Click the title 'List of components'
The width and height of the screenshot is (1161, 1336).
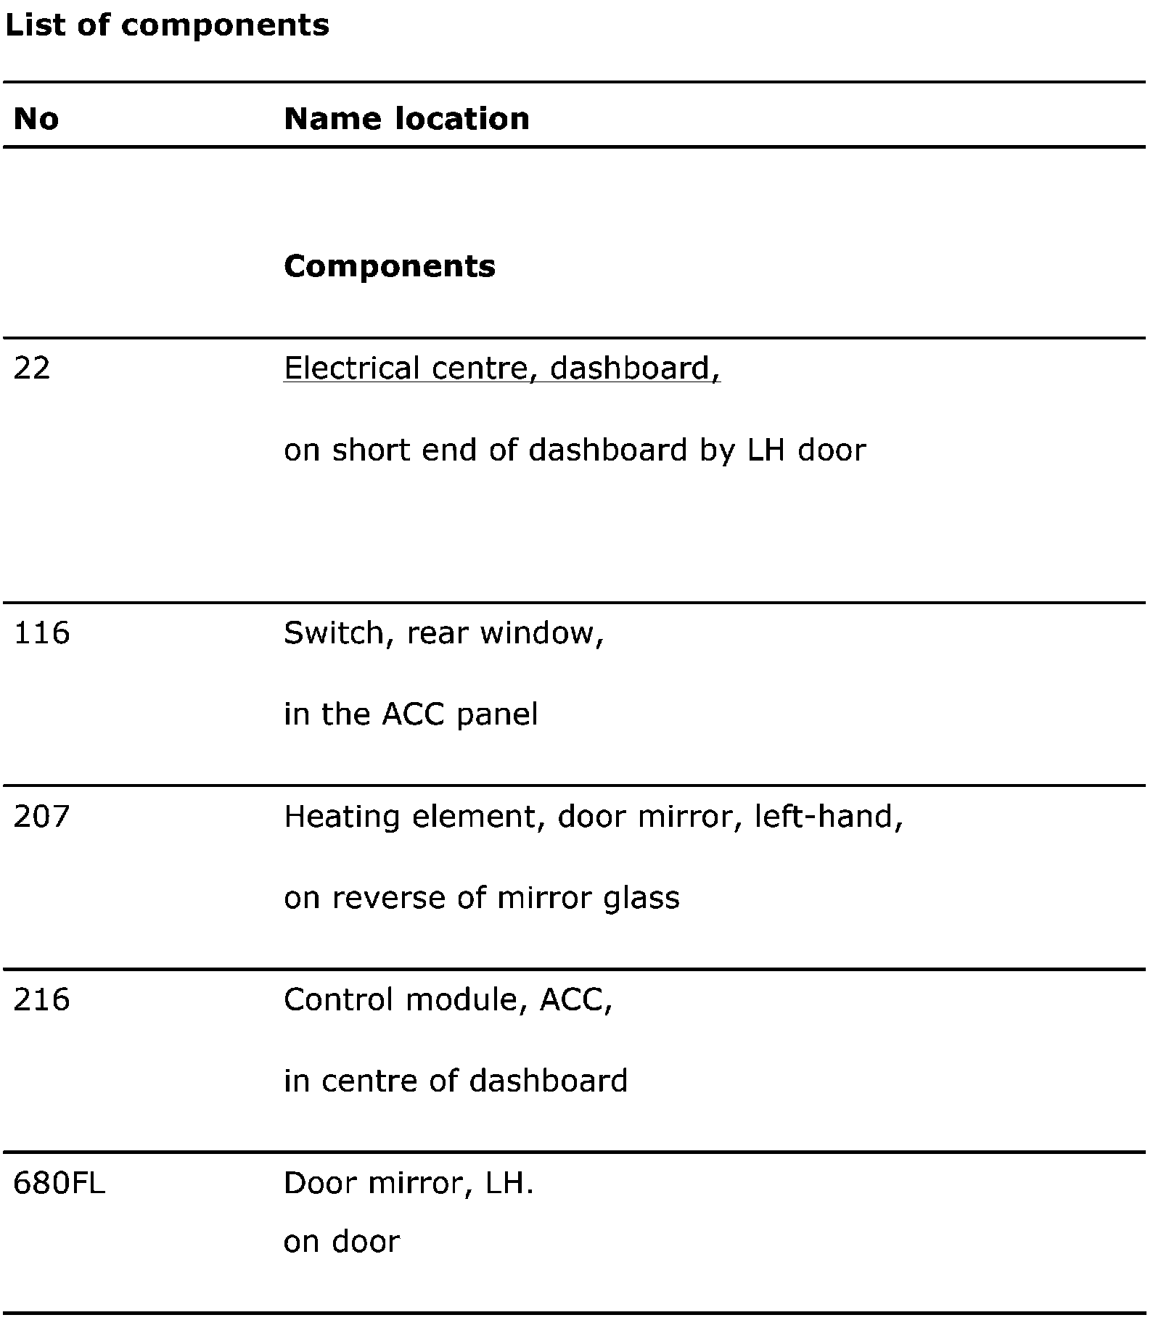click(167, 25)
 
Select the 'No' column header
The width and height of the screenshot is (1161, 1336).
click(36, 118)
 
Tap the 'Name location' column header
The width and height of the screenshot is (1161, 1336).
click(406, 118)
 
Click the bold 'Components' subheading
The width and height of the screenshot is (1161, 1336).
click(390, 266)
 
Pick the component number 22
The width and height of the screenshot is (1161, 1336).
click(32, 368)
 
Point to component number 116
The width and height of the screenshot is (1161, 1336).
click(42, 633)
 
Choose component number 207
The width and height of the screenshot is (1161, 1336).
click(42, 817)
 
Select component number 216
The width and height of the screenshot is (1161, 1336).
click(42, 1000)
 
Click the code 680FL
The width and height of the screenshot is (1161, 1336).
click(60, 1184)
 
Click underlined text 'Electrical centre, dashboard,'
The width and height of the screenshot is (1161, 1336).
click(501, 368)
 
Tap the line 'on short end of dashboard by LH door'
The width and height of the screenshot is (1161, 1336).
click(575, 450)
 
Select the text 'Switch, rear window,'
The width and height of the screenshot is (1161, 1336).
click(443, 633)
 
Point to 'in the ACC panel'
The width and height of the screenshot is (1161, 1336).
click(411, 714)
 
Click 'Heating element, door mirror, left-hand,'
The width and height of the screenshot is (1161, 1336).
click(593, 817)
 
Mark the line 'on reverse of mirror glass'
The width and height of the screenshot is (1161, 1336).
click(482, 899)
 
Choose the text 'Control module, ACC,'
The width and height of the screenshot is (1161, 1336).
click(448, 1000)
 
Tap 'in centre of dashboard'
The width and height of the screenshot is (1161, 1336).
click(456, 1081)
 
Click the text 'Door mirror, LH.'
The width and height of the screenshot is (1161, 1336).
click(409, 1184)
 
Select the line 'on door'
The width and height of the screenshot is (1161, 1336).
click(342, 1242)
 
